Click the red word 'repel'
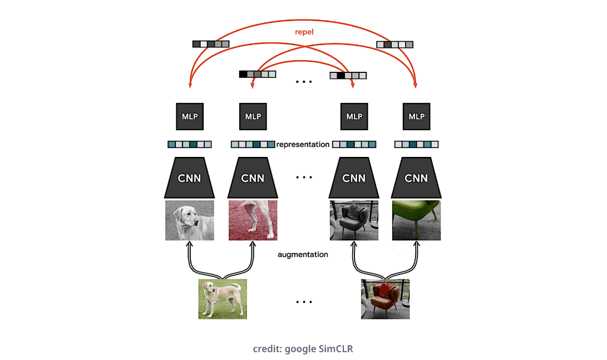coord(304,32)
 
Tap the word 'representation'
coord(303,144)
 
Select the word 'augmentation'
coord(303,254)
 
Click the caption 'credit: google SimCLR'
coord(303,349)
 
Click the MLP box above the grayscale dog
coord(190,116)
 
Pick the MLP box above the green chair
coord(416,116)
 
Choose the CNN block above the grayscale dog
coord(189,177)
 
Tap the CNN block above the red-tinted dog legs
coord(253,177)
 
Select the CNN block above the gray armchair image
coord(354,177)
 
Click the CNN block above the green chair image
coord(416,177)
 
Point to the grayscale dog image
coord(189,220)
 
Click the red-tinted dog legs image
coord(253,220)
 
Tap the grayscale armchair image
coord(354,220)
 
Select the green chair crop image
coord(416,220)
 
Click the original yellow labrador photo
coord(223,299)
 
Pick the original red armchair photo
coord(385,299)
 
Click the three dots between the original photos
coord(304,302)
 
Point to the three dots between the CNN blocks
coord(304,177)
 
